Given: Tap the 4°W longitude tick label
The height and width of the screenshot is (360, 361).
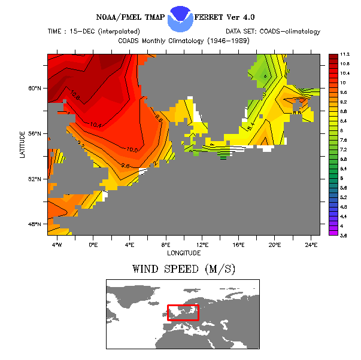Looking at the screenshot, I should pyautogui.click(x=56, y=245).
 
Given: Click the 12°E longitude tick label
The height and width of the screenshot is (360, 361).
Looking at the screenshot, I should pyautogui.click(x=202, y=245).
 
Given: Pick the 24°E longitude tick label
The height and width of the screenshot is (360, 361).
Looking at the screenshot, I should pyautogui.click(x=311, y=245).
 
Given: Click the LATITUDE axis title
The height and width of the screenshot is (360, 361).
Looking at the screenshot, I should pyautogui.click(x=22, y=145).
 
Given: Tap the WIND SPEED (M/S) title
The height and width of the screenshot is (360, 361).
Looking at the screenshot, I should pyautogui.click(x=183, y=269).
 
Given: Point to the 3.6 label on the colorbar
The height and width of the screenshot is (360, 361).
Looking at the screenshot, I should pyautogui.click(x=345, y=235).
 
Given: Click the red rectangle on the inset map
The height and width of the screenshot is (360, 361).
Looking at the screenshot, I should pyautogui.click(x=183, y=312).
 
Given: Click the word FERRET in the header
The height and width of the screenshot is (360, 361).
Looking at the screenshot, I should pyautogui.click(x=219, y=16).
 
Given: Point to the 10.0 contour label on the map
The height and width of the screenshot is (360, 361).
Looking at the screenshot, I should pyautogui.click(x=132, y=150).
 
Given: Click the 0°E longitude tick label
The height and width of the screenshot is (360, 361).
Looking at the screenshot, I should pyautogui.click(x=93, y=245).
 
